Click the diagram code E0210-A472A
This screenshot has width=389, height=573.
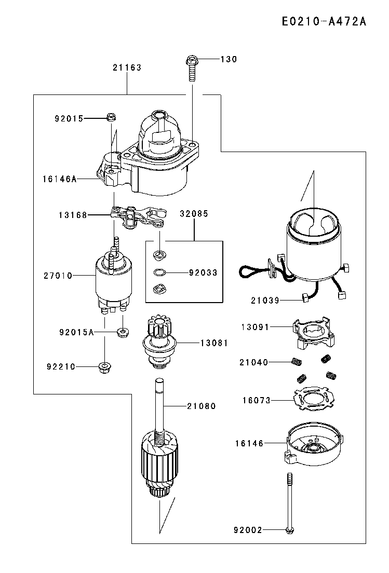324,21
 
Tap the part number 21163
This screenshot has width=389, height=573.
127,67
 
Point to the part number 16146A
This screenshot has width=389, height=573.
60,179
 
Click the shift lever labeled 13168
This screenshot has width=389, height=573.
138,217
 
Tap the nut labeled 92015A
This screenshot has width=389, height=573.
123,333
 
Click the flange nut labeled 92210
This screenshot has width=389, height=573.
105,366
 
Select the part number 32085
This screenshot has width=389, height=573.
194,214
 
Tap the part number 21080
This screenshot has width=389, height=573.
202,406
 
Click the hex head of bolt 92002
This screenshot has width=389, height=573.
290,529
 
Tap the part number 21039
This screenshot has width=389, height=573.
265,301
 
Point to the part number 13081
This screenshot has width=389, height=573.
214,343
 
